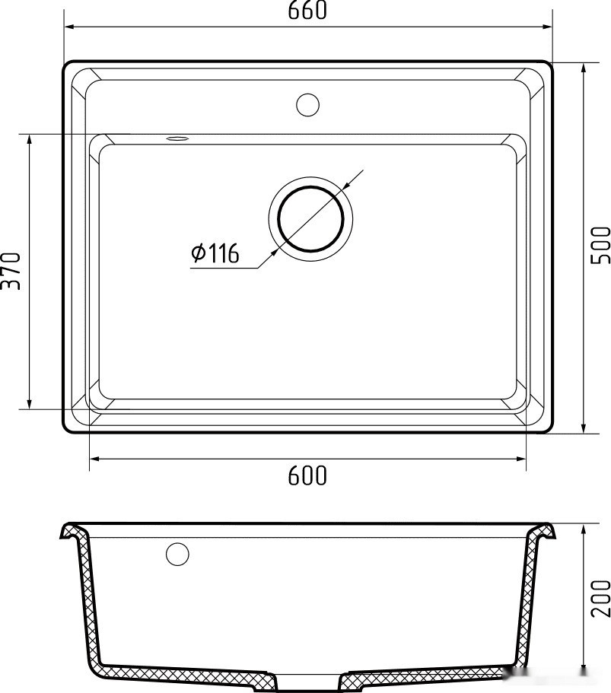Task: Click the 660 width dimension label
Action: click(307, 10)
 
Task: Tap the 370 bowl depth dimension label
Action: click(11, 271)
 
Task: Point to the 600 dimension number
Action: click(307, 475)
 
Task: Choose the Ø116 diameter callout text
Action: click(215, 253)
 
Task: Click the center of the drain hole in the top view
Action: click(310, 218)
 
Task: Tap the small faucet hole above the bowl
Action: click(307, 105)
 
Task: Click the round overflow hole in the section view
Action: click(178, 554)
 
